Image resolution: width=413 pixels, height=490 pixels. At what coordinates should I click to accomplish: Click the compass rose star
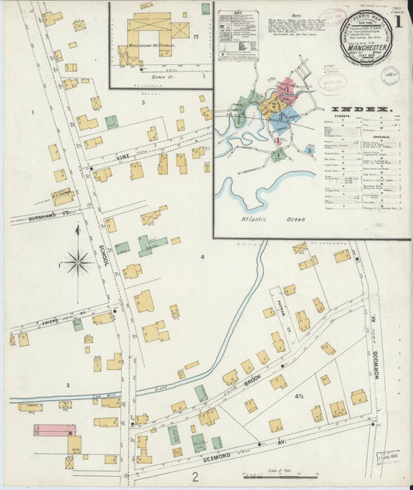pos(77,263)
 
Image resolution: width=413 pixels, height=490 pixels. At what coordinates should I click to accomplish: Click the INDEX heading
pos(362,110)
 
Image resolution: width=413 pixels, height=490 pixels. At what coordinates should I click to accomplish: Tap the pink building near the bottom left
pos(53,430)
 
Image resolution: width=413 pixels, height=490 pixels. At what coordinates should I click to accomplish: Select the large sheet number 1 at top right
pos(397,21)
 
